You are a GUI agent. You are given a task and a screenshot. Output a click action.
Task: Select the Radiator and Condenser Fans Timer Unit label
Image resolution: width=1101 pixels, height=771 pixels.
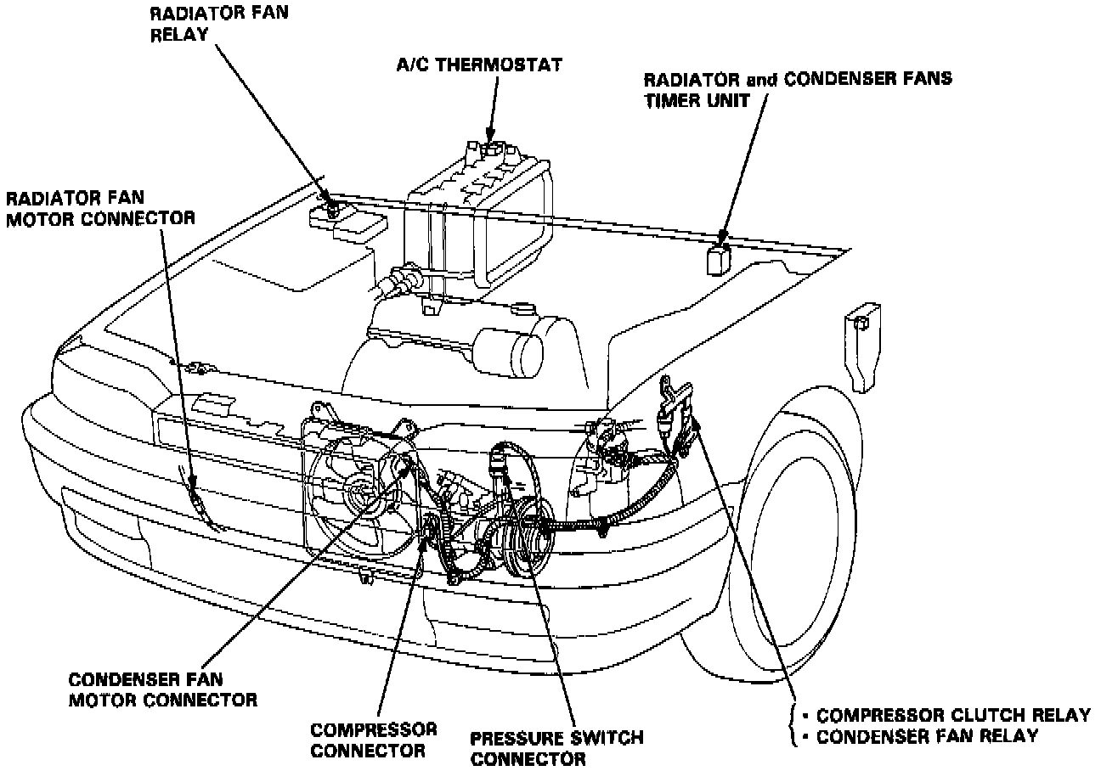797,89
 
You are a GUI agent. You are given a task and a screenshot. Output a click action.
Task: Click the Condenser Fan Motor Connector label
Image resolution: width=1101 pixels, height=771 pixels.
161,689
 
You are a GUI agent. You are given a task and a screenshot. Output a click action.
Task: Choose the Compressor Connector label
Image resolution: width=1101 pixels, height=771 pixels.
374,740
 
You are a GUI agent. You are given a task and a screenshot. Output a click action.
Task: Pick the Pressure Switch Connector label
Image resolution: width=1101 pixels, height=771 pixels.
556,747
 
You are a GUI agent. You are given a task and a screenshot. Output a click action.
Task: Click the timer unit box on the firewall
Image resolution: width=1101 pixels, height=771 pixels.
719,258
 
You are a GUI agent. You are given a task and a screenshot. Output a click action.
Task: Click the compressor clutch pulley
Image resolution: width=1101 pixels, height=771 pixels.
522,531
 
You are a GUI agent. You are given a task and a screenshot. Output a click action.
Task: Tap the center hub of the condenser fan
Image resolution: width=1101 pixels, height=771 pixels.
356,492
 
